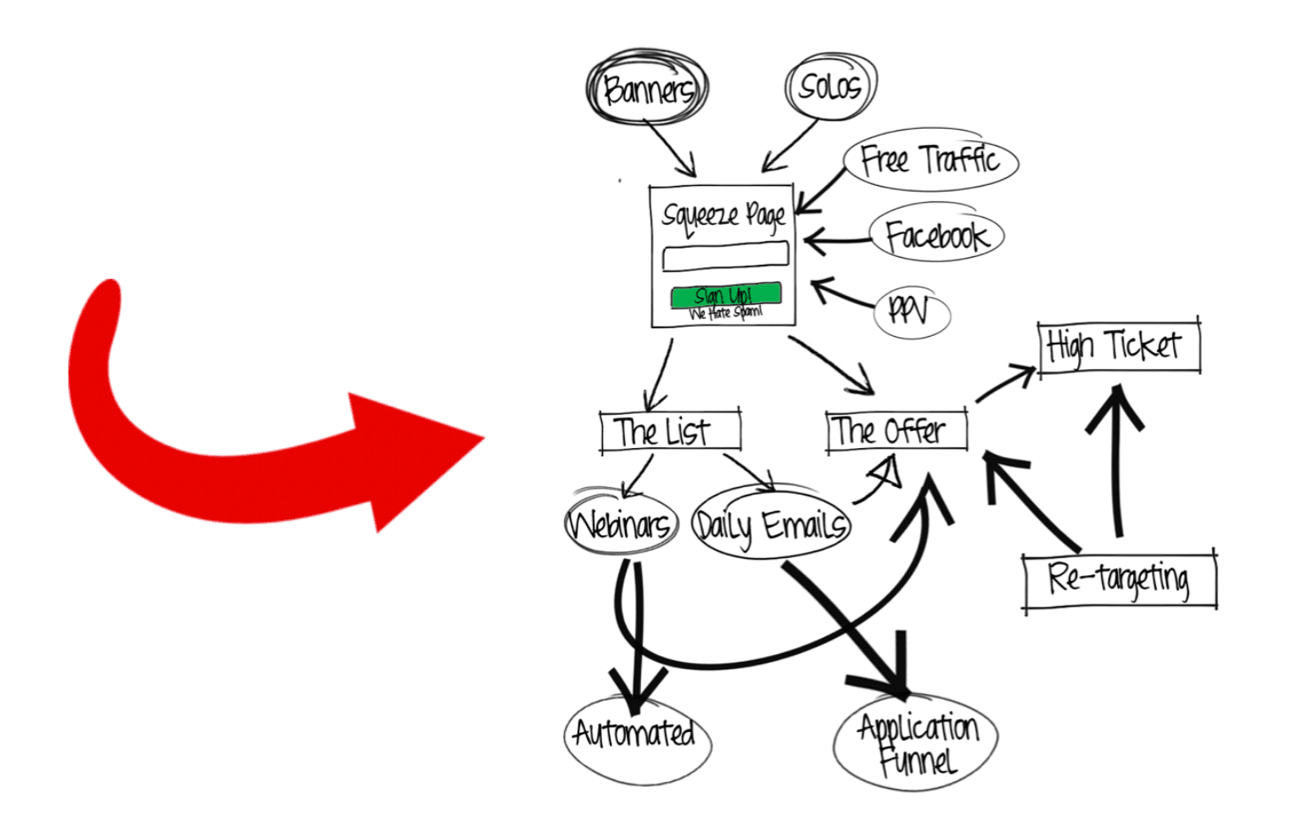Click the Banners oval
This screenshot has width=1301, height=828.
click(647, 89)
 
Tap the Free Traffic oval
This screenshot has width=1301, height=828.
click(930, 160)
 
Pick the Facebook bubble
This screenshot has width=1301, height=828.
click(936, 235)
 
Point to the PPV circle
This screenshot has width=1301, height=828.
click(910, 311)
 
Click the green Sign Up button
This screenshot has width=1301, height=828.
click(725, 295)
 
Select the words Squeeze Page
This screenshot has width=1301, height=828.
click(723, 215)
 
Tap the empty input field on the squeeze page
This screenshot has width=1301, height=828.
click(725, 255)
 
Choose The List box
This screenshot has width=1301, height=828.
click(670, 431)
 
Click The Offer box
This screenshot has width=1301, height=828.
click(896, 431)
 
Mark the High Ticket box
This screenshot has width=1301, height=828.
click(1119, 345)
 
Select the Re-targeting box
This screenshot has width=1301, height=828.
click(1120, 579)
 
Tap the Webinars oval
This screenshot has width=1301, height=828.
click(622, 524)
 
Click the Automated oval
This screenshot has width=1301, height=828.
click(636, 735)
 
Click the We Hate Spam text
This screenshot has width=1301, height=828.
click(726, 313)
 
